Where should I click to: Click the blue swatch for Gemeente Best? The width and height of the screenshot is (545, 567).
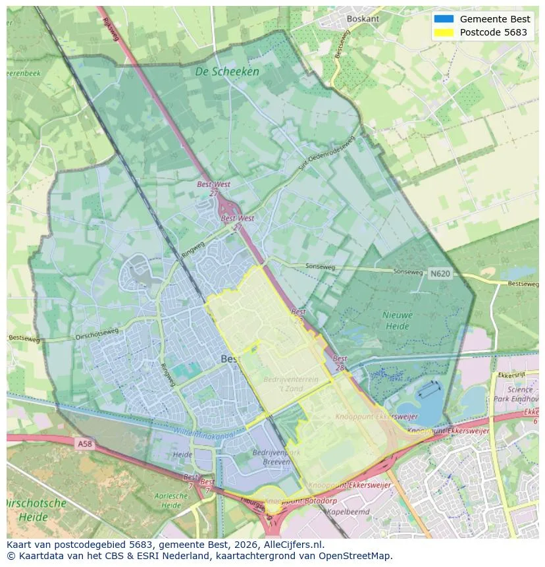click(444, 19)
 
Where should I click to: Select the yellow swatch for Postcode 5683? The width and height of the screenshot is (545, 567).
click(444, 32)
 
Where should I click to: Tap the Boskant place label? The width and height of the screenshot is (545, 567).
click(363, 19)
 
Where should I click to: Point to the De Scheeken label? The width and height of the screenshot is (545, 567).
click(227, 71)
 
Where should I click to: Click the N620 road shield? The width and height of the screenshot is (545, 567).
click(440, 273)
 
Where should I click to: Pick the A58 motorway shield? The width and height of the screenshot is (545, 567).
click(84, 445)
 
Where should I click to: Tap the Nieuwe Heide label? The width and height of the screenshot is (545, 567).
click(398, 320)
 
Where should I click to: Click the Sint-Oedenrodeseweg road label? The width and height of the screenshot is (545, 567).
click(327, 153)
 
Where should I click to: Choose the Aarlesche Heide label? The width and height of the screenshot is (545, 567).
click(171, 500)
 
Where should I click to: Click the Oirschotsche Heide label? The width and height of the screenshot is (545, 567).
click(36, 510)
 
